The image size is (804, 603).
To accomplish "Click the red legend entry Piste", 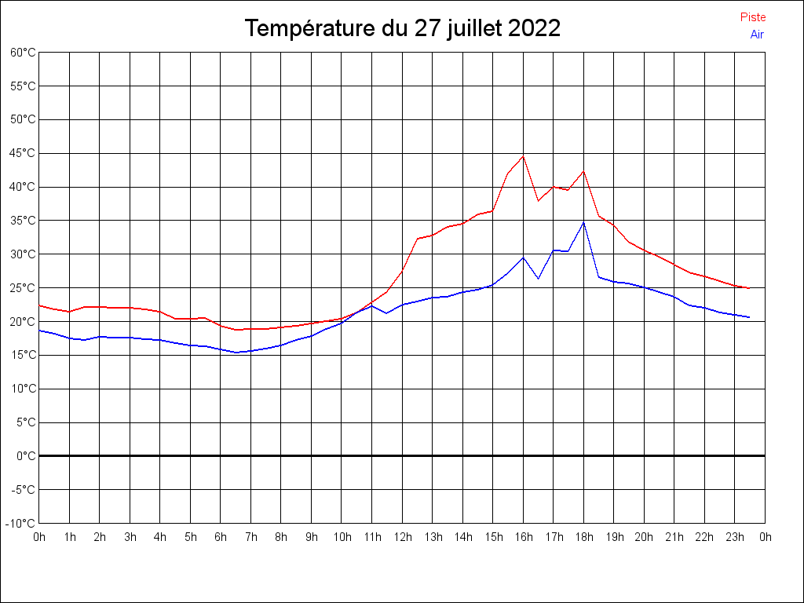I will click(752, 17).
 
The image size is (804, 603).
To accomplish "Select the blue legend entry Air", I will click(757, 34).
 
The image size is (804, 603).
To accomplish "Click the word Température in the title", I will click(310, 29).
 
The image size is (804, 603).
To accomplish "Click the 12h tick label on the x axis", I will click(402, 537).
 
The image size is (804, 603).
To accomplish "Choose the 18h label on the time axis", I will click(583, 537).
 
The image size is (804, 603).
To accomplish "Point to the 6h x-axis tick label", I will click(221, 537).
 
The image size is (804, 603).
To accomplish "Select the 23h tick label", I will click(735, 537).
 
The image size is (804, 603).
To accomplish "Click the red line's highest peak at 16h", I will click(523, 155).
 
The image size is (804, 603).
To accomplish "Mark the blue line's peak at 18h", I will click(583, 222).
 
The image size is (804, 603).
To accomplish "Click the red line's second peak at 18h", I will click(583, 171).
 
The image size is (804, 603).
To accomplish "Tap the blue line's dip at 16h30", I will click(538, 279).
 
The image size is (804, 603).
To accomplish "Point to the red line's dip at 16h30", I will click(538, 201).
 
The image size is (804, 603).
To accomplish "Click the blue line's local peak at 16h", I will click(523, 258).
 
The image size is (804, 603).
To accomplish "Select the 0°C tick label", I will click(27, 455).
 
